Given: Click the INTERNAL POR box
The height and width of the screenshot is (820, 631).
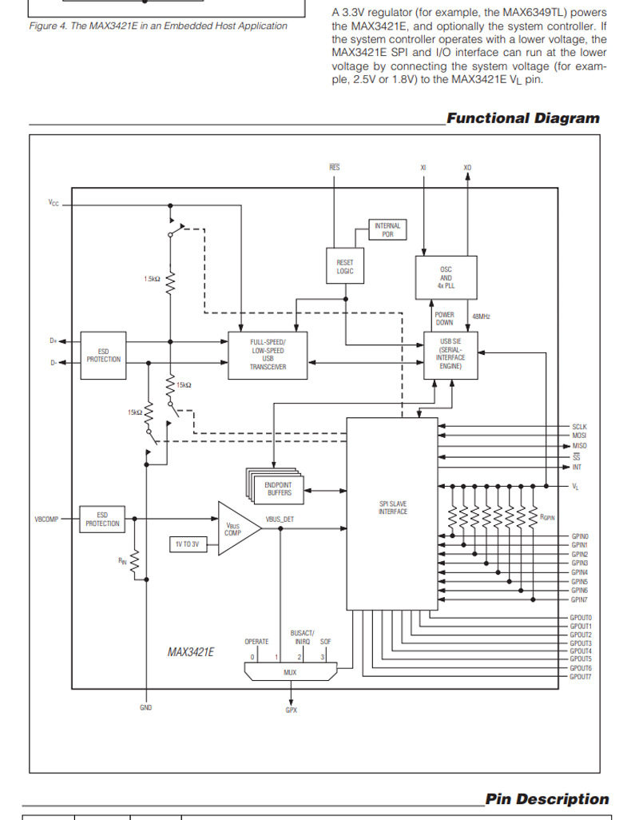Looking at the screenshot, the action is coord(387,229).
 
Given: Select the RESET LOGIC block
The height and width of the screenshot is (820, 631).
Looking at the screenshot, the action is coord(345,265).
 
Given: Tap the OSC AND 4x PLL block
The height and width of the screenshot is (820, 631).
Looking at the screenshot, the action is coord(446,277).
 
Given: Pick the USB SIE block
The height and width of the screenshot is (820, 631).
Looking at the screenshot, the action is coord(450,355).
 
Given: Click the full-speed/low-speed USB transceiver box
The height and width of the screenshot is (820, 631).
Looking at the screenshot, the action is coord(268,355).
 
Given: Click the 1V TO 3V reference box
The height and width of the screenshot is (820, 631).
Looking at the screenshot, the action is coord(187,544).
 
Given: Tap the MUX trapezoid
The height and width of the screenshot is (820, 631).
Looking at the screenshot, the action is coord(291,671).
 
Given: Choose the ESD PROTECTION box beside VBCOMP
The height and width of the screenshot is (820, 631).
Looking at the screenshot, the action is coord(102,519).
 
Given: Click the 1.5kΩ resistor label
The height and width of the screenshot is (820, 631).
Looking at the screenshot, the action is coord(152,279).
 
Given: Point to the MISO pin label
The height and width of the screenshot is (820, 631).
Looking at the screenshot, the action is coord(579,445).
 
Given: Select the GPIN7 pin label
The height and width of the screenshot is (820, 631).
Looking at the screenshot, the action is coord(579,600).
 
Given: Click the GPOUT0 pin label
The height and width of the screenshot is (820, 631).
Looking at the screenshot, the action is coord(581,618).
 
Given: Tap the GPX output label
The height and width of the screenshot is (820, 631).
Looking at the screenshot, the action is coord(292,711).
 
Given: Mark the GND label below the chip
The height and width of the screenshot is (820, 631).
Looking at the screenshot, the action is coord(146,707).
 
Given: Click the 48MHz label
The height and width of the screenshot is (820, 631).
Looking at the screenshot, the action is coord(481,316).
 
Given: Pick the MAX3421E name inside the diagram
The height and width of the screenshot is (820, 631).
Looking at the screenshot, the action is coord(191,652).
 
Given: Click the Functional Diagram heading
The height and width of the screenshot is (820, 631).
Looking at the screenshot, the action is coord(523,118).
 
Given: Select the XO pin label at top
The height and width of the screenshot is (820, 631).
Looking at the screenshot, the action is coord(467,167).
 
